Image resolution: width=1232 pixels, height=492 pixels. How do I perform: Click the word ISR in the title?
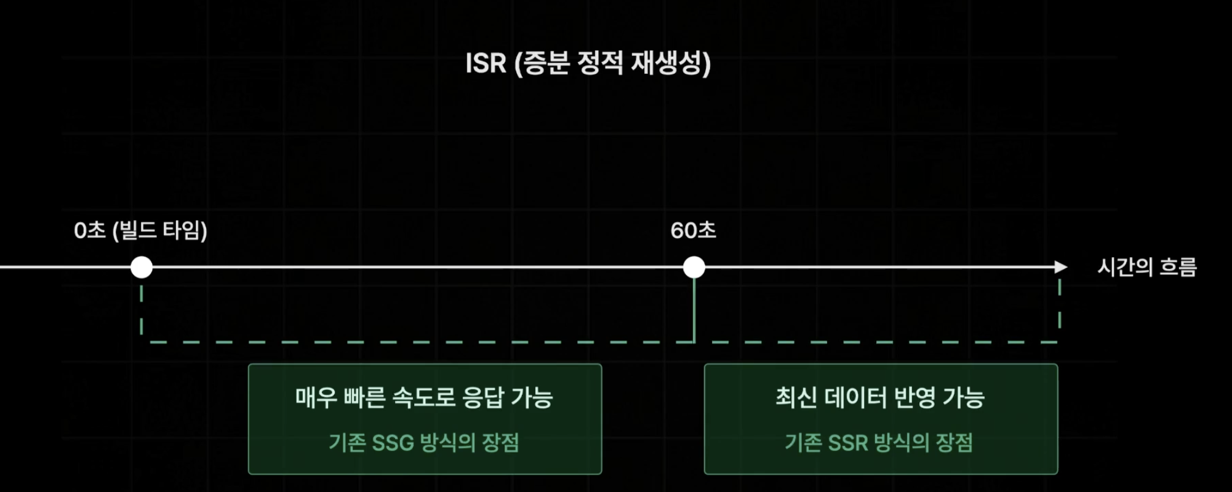pos(486,63)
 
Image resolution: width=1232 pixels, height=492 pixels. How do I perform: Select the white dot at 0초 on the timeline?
pos(142,268)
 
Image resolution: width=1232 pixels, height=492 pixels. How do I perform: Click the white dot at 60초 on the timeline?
pos(694,268)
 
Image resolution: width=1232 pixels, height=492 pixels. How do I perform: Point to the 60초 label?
pos(693,231)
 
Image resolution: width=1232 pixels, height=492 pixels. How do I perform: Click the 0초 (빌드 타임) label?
pos(140,231)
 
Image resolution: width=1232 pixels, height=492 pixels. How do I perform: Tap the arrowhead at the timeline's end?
pos(1060,267)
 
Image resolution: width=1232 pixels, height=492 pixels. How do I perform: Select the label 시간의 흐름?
pos(1147,267)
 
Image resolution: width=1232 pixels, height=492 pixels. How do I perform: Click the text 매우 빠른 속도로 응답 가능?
pos(424,397)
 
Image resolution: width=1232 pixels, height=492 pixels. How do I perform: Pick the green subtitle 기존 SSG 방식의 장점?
pos(424,442)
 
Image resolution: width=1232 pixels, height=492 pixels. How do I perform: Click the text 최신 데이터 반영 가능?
pos(880,397)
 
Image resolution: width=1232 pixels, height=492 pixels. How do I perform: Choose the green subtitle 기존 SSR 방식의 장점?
pos(879,442)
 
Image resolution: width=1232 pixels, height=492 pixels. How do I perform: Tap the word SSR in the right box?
pos(848,443)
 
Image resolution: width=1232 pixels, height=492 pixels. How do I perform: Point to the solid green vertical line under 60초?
pos(694,311)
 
